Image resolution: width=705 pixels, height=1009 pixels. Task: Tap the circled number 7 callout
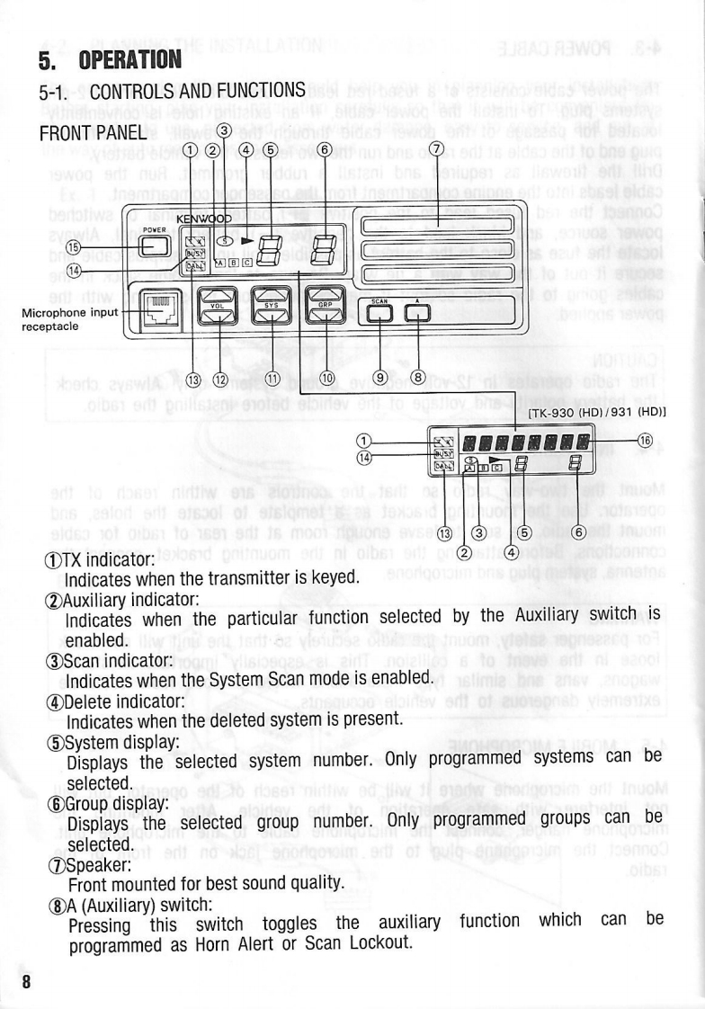click(x=437, y=149)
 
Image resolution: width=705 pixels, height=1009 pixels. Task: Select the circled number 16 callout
click(x=644, y=440)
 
